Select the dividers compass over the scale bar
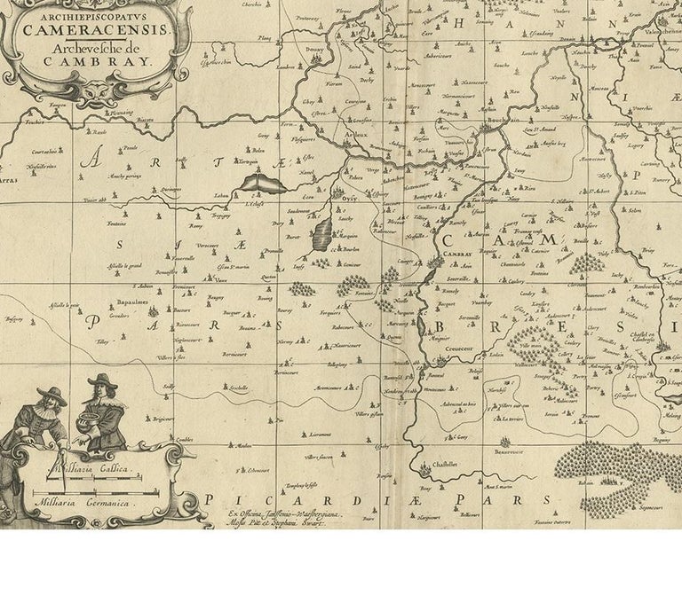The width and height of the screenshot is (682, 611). pyautogui.click(x=62, y=474)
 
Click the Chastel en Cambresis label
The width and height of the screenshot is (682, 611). pyautogui.click(x=639, y=333)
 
